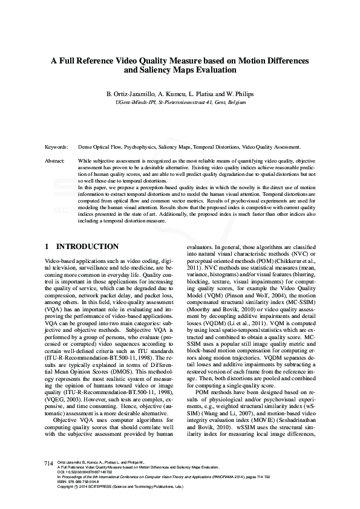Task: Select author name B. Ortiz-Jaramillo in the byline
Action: (x=129, y=94)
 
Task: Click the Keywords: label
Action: (x=57, y=147)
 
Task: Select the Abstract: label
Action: (x=56, y=161)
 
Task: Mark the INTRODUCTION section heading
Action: (x=87, y=247)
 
